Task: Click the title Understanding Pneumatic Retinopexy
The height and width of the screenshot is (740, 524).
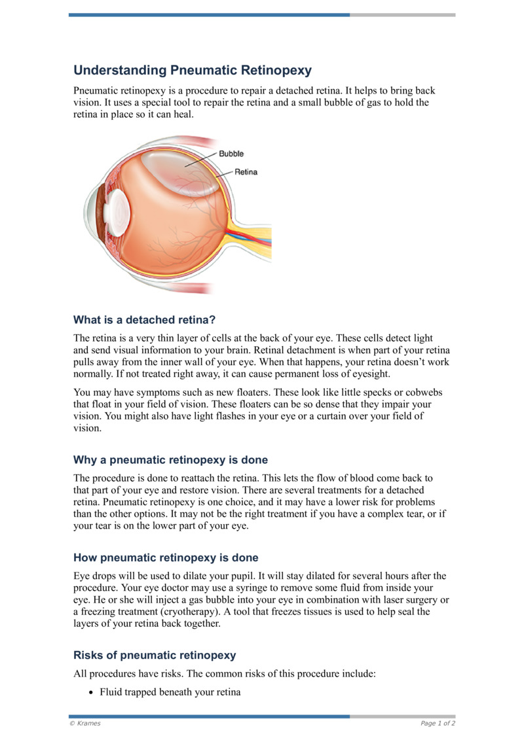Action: (x=192, y=70)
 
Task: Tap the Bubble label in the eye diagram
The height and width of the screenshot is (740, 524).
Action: (x=231, y=154)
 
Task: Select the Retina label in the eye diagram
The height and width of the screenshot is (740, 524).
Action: (x=246, y=172)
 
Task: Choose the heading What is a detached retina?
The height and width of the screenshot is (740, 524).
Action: (x=145, y=320)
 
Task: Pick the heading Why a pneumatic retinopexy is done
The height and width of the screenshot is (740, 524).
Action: (x=170, y=460)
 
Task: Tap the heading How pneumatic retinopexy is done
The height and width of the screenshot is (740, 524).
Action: (x=166, y=558)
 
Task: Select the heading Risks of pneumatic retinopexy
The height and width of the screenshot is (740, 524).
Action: (x=155, y=655)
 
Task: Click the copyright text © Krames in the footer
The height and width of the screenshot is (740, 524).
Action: (x=85, y=723)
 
